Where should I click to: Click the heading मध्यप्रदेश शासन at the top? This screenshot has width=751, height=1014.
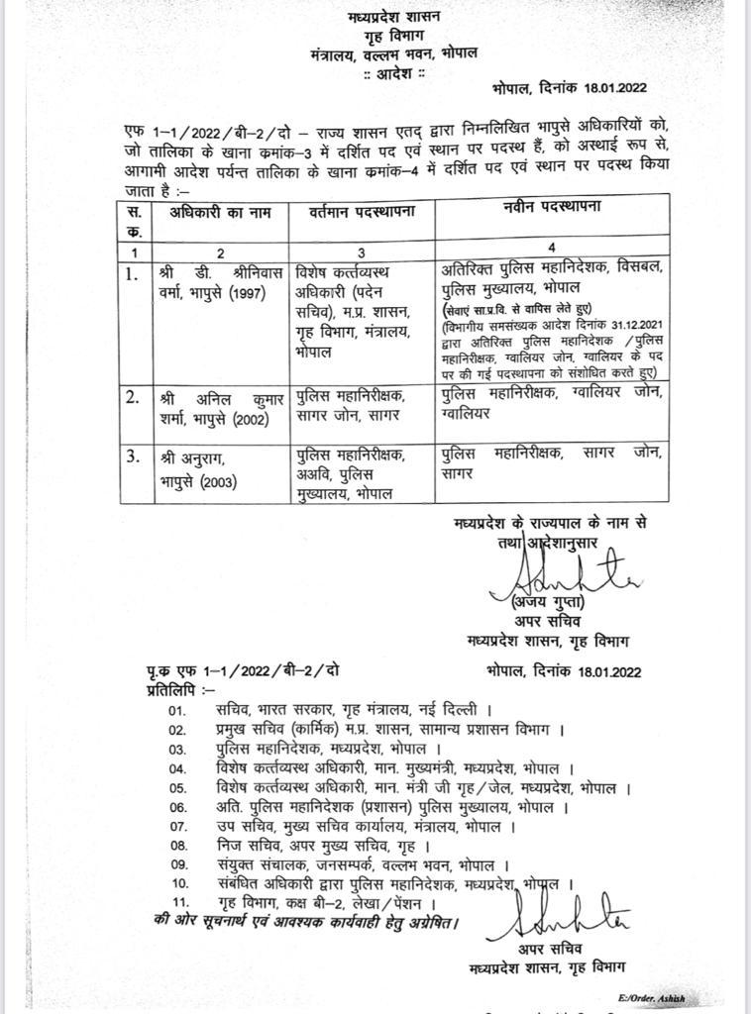(x=394, y=17)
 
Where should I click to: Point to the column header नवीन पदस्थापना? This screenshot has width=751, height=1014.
(x=543, y=208)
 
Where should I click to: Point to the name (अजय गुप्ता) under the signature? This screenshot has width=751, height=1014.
(x=542, y=603)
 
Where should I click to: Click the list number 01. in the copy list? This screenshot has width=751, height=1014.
(x=177, y=710)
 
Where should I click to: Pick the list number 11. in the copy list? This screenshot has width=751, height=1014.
(x=179, y=904)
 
